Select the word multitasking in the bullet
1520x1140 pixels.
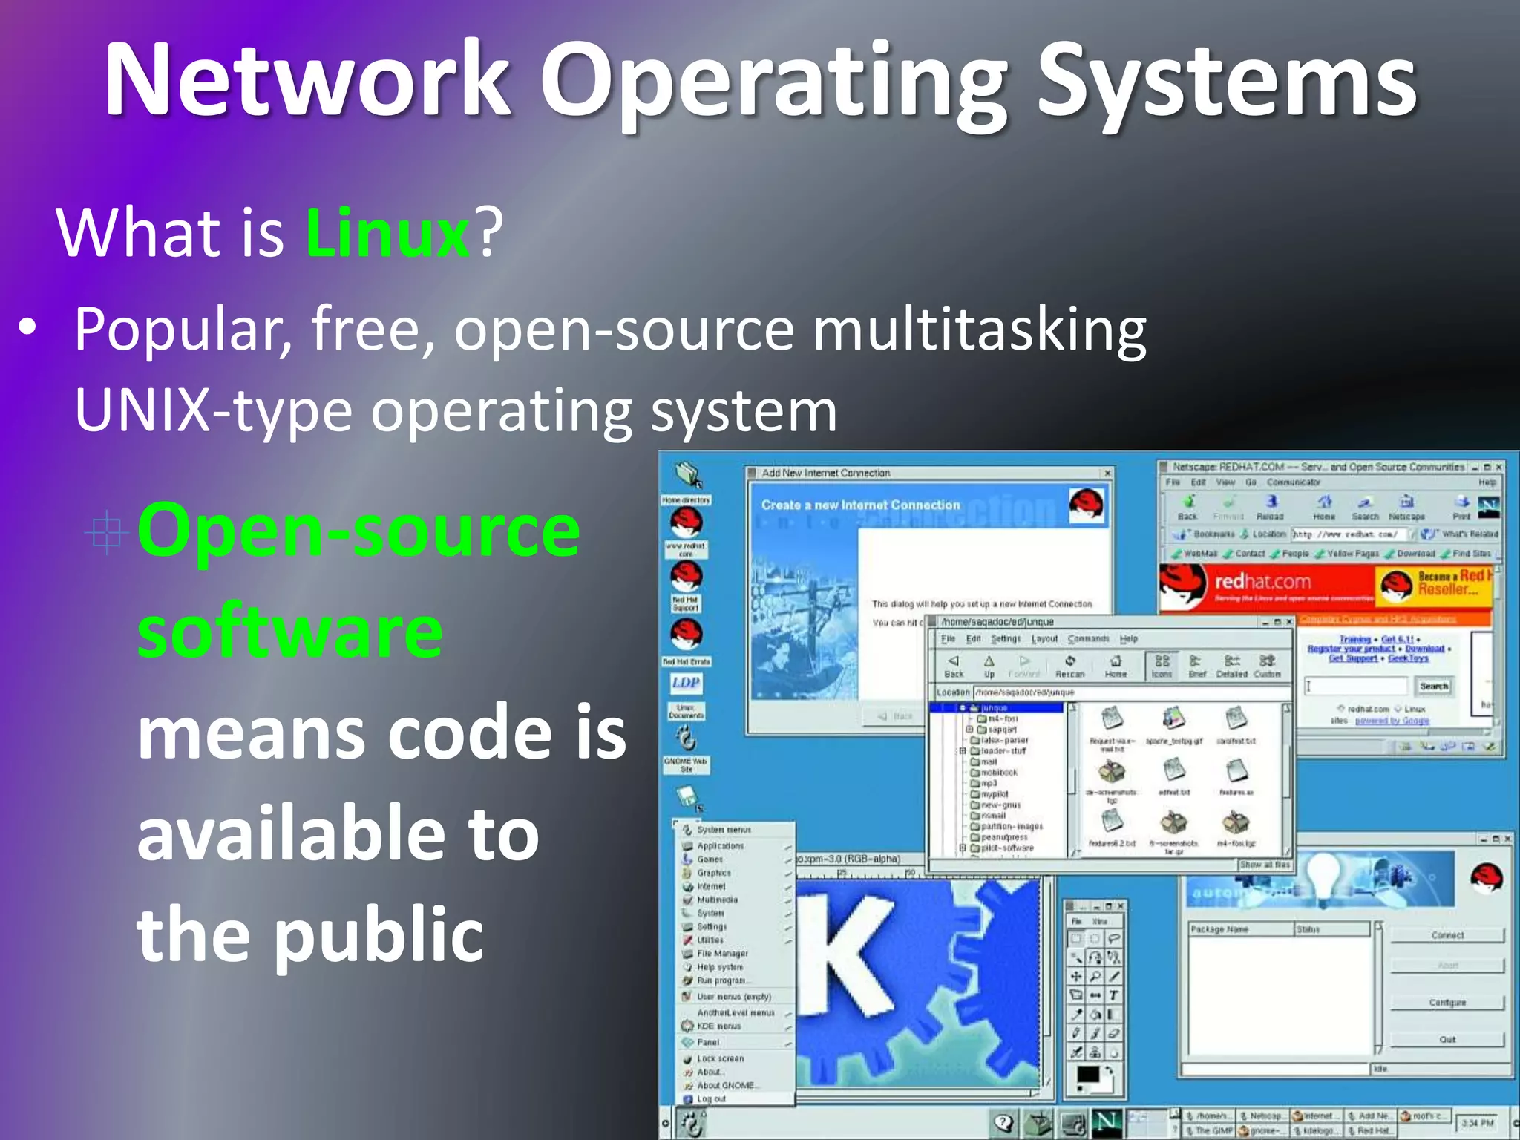979,329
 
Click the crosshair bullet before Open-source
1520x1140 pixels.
106,531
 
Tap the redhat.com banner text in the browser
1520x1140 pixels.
1262,581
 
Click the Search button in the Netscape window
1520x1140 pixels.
1433,687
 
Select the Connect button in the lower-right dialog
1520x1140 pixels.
1447,935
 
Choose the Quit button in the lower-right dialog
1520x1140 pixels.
1447,1039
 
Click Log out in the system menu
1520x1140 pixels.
711,1098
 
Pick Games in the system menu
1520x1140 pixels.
710,859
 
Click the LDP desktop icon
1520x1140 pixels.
686,683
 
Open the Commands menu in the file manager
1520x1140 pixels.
1088,638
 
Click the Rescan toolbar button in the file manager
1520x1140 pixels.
1069,666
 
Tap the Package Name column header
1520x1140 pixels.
1219,929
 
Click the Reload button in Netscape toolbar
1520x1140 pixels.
1270,508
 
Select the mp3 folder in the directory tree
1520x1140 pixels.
989,783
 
